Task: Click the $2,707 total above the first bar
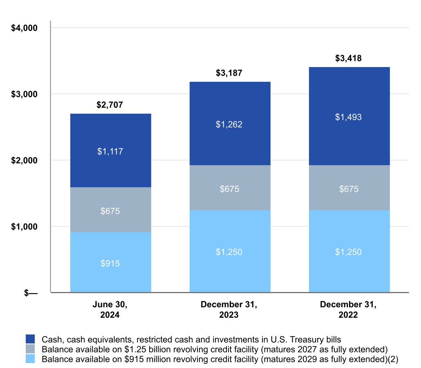[x=110, y=105]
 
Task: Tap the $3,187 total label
[x=229, y=74]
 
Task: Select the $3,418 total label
[x=348, y=58]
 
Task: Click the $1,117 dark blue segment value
[x=110, y=151]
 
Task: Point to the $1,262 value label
[x=229, y=124]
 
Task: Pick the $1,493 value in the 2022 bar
[x=348, y=117]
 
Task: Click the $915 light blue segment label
[x=110, y=264]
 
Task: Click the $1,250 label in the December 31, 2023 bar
[x=229, y=252]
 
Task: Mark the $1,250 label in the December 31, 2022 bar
[x=348, y=252]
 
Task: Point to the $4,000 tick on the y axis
[x=24, y=28]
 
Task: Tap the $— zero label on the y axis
[x=30, y=293]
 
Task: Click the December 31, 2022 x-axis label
[x=348, y=310]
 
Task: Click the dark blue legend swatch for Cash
[x=31, y=339]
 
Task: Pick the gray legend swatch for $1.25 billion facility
[x=31, y=349]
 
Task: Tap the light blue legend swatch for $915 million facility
[x=31, y=359]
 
